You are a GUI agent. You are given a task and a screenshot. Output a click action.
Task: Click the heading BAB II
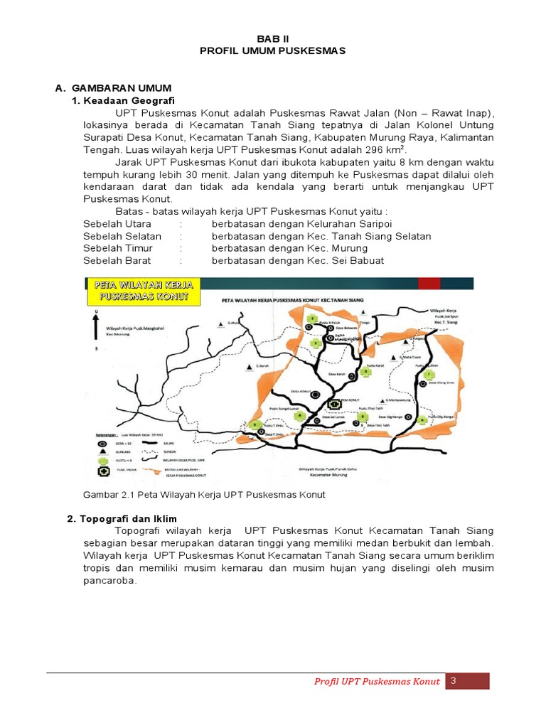[x=273, y=38]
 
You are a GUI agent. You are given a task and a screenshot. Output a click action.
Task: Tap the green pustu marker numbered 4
[x=301, y=416]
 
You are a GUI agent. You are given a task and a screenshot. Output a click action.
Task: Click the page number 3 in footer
[x=452, y=681]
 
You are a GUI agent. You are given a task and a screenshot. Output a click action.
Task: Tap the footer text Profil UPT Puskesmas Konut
[x=377, y=682]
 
